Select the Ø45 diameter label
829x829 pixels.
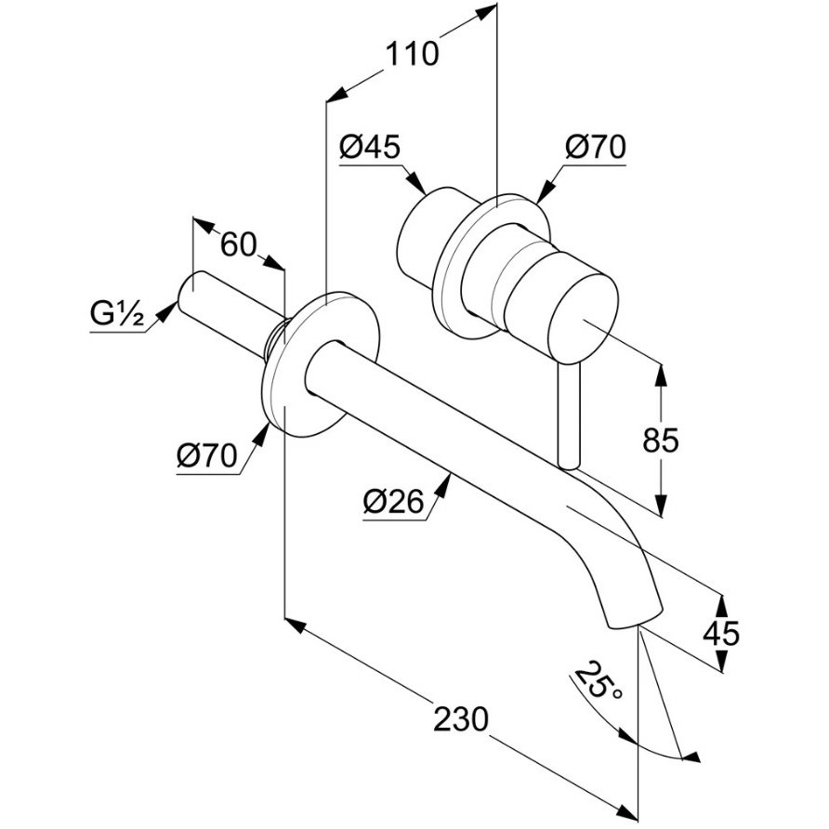coord(369,147)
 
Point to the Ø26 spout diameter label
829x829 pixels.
coord(393,502)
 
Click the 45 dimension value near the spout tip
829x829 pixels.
coord(721,633)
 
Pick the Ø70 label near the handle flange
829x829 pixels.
coord(595,147)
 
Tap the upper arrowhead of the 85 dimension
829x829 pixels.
coord(661,369)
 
